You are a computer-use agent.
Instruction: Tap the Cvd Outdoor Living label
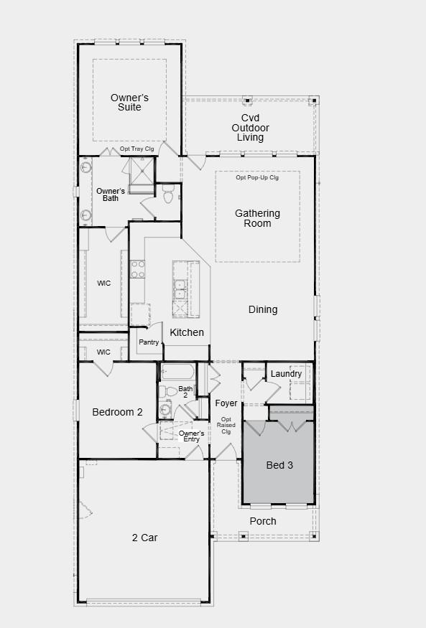[250, 128]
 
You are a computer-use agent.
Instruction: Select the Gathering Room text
[257, 218]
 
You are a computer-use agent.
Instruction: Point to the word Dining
[263, 309]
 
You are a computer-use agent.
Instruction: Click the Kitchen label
[187, 332]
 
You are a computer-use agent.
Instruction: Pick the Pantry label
[149, 342]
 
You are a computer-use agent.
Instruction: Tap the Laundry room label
[286, 374]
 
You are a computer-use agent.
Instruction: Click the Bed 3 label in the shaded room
[279, 465]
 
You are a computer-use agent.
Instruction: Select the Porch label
[263, 521]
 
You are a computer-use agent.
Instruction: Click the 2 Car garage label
[144, 538]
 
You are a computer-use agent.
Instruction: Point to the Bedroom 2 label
[118, 412]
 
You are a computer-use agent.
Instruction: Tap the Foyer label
[226, 403]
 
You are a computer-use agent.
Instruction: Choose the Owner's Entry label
[191, 436]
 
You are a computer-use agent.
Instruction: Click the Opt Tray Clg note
[137, 149]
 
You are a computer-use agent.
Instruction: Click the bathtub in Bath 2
[177, 372]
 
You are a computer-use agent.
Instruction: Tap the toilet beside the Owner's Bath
[169, 194]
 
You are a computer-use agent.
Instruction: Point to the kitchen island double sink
[180, 289]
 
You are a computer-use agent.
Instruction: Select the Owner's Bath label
[111, 195]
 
